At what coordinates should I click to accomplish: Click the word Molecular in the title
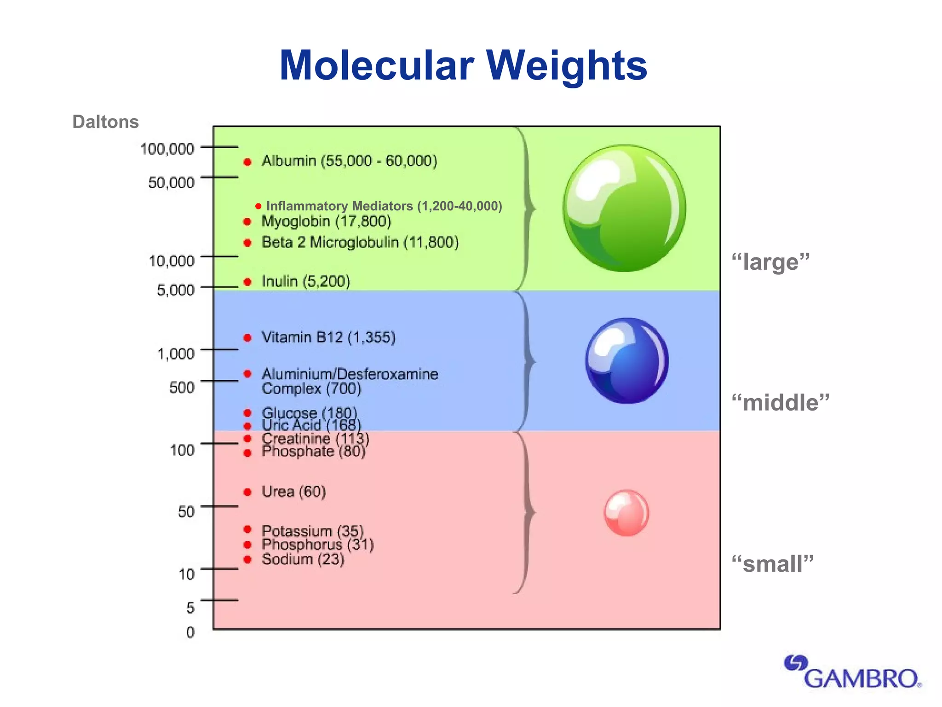point(376,65)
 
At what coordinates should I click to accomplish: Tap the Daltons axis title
point(105,122)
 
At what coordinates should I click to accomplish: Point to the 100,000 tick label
point(167,149)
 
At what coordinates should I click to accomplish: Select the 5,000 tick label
point(176,290)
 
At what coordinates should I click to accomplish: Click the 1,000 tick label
point(176,354)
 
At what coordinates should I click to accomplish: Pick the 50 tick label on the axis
point(186,511)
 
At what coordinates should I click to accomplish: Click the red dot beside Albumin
point(247,162)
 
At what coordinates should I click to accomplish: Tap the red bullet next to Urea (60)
point(247,493)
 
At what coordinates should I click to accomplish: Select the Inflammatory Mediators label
point(384,206)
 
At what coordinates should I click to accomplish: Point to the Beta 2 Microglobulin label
point(360,242)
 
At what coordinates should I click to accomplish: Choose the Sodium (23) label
point(303,559)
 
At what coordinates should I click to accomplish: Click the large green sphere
point(624,208)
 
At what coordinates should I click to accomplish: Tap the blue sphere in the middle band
point(626,361)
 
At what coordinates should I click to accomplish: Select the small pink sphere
point(626,513)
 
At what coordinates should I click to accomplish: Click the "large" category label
point(770,262)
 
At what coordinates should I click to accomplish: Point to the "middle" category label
point(781,402)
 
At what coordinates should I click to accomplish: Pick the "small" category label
point(773,564)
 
